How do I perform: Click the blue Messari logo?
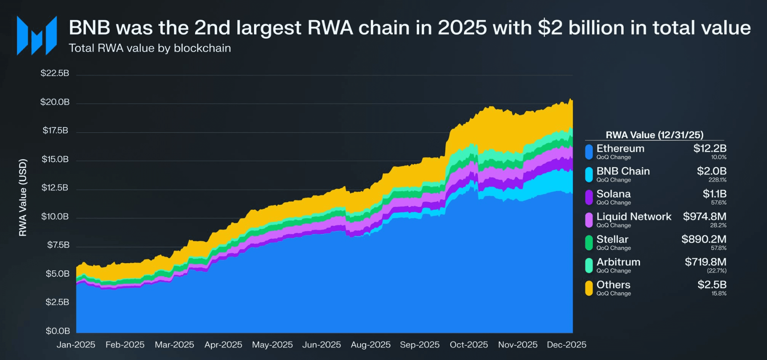pyautogui.click(x=37, y=36)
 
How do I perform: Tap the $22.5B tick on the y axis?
pyautogui.click(x=55, y=73)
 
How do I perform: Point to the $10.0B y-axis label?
pyautogui.click(x=55, y=216)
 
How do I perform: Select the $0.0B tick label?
pyautogui.click(x=58, y=331)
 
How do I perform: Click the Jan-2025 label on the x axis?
pyautogui.click(x=76, y=345)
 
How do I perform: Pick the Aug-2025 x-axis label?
pyautogui.click(x=371, y=345)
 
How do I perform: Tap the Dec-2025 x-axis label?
pyautogui.click(x=566, y=345)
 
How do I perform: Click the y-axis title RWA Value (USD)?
pyautogui.click(x=23, y=197)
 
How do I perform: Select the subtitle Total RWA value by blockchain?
pyautogui.click(x=150, y=48)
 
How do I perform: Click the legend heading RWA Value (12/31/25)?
pyautogui.click(x=654, y=135)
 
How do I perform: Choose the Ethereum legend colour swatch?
pyautogui.click(x=589, y=152)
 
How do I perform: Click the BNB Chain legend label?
pyautogui.click(x=623, y=171)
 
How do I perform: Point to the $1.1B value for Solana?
pyautogui.click(x=714, y=194)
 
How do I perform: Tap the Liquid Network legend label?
pyautogui.click(x=634, y=217)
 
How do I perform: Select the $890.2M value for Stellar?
pyautogui.click(x=704, y=240)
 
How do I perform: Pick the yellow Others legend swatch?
pyautogui.click(x=589, y=288)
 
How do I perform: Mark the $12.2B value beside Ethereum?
pyautogui.click(x=709, y=149)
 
